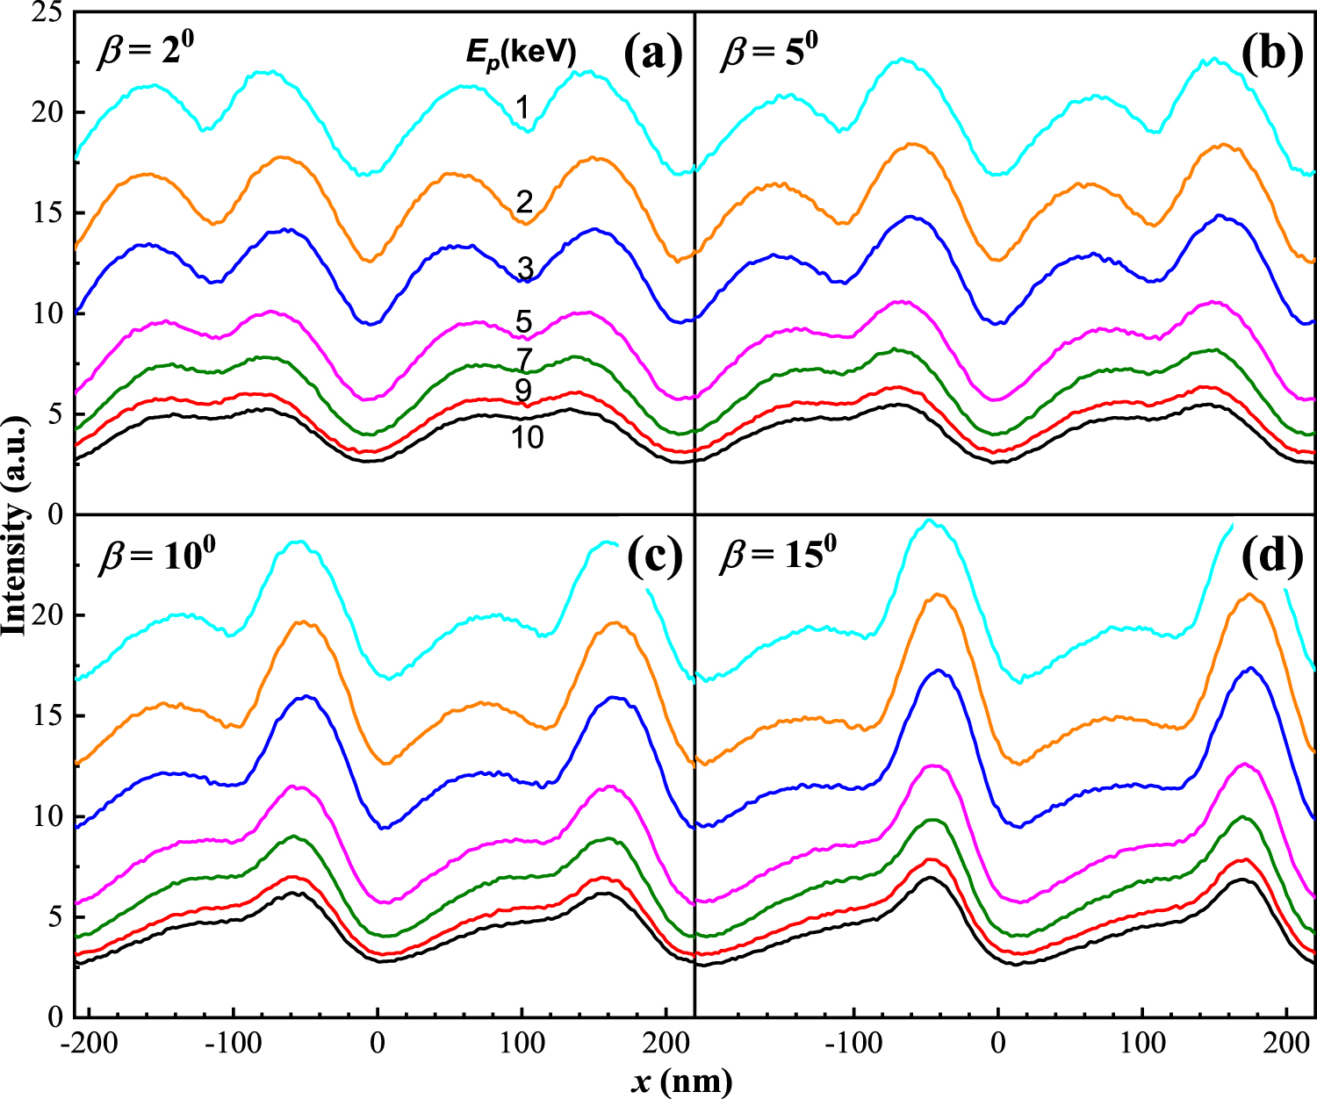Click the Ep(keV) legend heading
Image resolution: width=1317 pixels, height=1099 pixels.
coord(521,54)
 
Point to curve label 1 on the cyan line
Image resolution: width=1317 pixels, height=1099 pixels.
coord(522,108)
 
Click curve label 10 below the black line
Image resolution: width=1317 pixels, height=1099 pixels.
coord(527,436)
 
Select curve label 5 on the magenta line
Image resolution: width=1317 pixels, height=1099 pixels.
coord(524,321)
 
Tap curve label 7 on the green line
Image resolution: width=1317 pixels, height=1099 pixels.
coord(524,359)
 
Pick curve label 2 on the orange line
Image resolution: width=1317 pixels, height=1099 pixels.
coord(524,203)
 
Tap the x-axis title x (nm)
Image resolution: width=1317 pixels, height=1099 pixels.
coord(680,1081)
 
